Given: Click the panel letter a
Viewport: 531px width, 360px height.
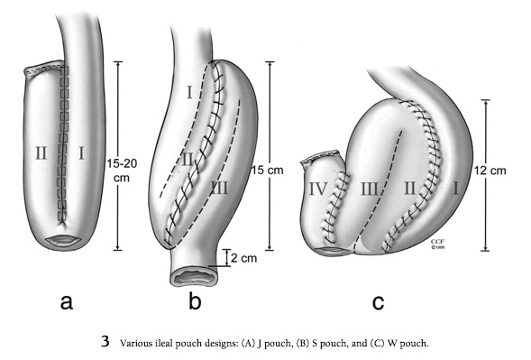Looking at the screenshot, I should (66, 301).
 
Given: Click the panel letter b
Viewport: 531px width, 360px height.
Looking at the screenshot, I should (196, 301).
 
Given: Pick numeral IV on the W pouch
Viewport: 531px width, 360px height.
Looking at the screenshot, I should (318, 190).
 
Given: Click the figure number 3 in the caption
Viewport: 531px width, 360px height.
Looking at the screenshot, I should (105, 342).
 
